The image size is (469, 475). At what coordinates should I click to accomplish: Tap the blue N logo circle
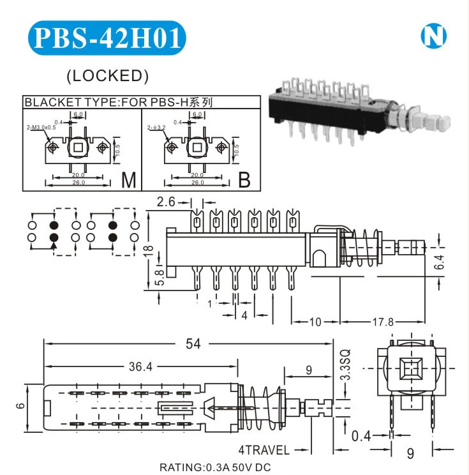433,37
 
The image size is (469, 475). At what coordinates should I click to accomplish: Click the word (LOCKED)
108,75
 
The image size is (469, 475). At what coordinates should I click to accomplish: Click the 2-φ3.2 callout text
156,128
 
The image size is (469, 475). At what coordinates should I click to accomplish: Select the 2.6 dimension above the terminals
166,202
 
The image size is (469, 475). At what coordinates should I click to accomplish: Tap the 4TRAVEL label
264,449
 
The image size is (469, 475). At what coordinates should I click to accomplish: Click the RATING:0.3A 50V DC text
214,467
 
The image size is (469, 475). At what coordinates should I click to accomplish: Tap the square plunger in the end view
408,370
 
